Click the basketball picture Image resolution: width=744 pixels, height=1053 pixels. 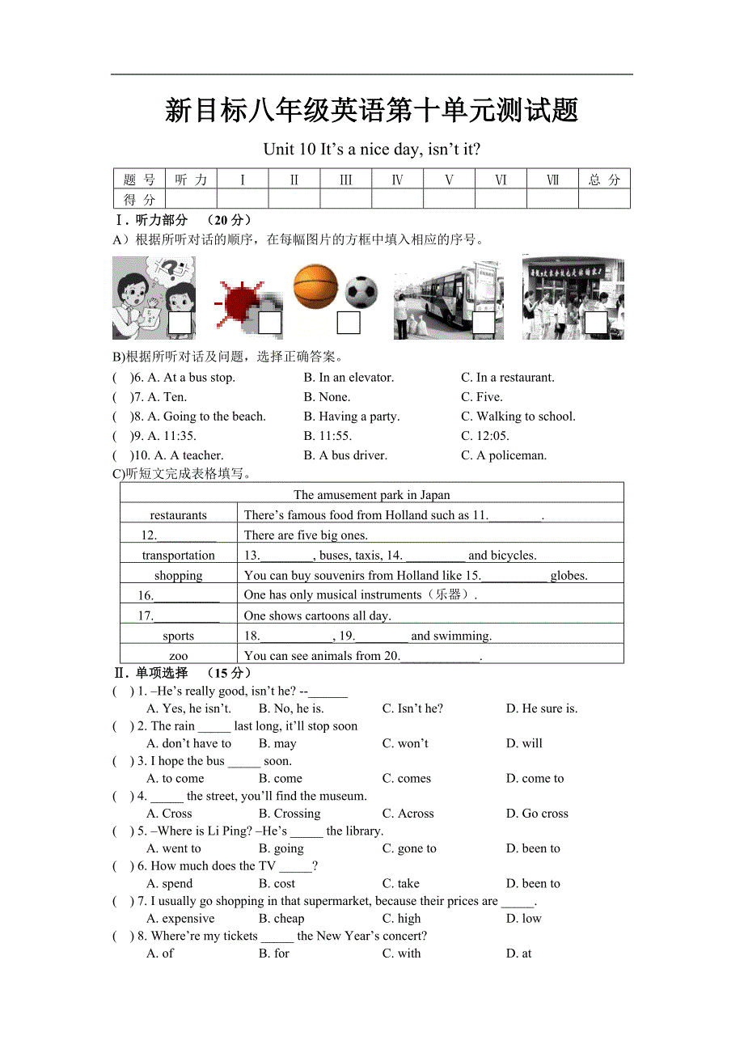point(315,286)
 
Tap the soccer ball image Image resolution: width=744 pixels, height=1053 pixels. point(361,292)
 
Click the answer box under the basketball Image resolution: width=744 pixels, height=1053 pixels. point(349,323)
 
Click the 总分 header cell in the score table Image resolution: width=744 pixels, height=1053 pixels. point(604,180)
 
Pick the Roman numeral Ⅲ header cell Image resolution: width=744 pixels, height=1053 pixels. point(345,180)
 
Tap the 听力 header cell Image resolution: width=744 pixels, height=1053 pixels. point(191,180)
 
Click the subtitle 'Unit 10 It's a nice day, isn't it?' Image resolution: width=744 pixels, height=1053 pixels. point(372,150)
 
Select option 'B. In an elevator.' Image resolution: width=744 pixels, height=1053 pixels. point(349,378)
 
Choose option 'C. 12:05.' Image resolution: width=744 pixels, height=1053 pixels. point(485,436)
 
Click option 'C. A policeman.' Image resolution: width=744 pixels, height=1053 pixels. point(504,455)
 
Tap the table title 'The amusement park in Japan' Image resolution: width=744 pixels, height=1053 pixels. point(372,495)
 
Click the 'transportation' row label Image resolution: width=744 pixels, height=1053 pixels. point(179,556)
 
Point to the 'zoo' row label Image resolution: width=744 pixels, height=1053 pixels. point(179,656)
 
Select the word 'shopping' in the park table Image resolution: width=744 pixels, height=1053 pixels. point(179,576)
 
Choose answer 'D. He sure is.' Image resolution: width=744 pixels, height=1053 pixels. point(542,708)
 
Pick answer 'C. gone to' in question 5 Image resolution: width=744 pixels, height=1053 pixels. point(409,848)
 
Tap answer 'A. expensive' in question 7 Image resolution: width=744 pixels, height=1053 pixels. point(180,919)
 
